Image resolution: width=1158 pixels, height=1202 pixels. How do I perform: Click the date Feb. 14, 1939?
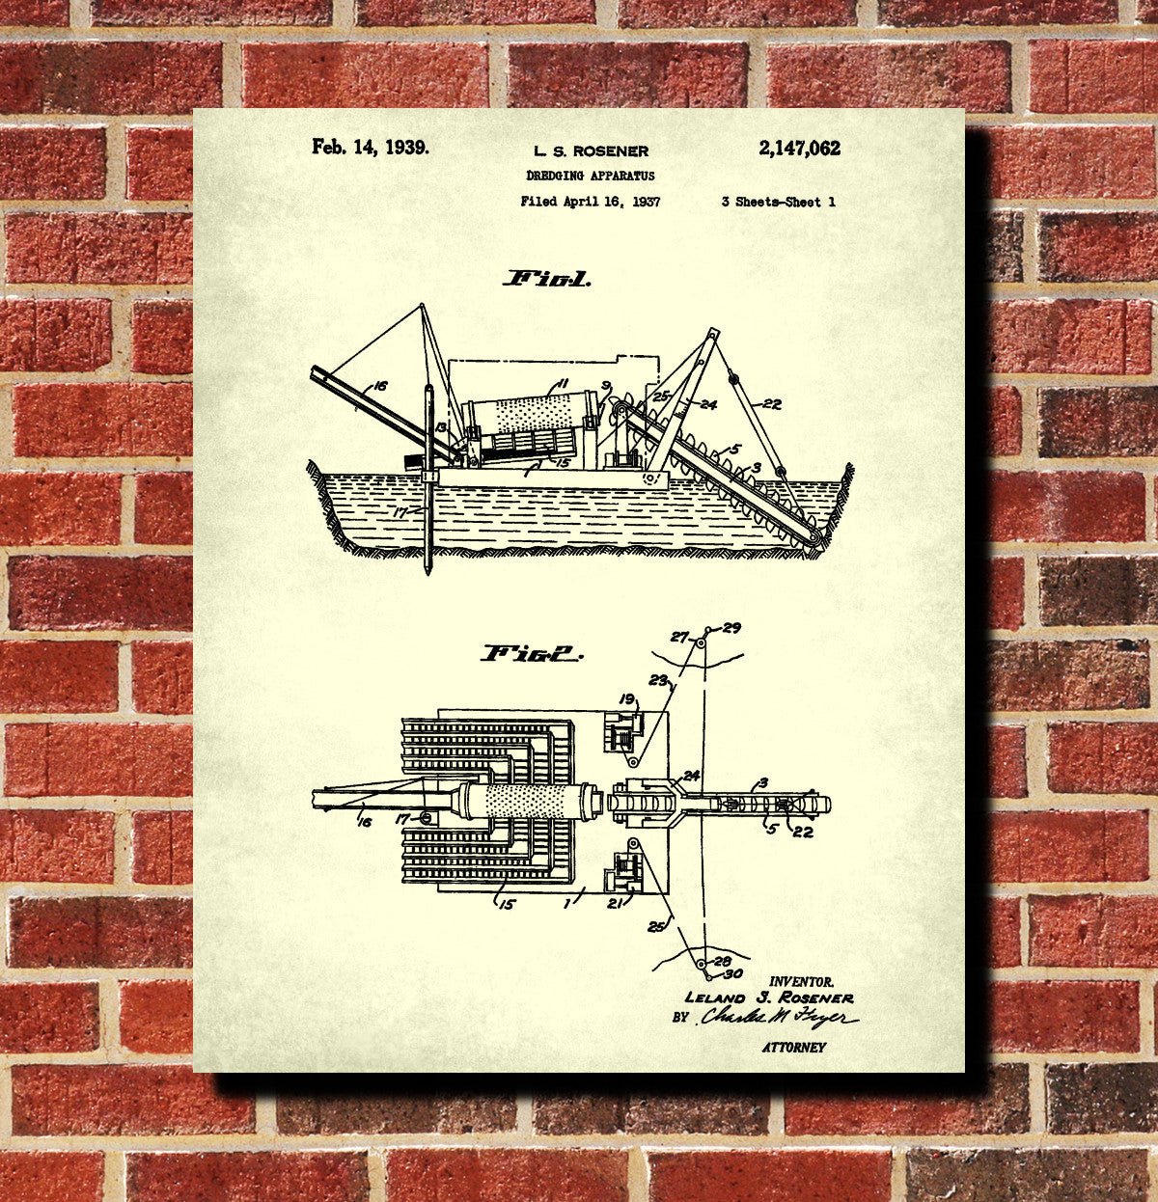tap(370, 148)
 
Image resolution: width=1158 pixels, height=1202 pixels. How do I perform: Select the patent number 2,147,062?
tap(799, 149)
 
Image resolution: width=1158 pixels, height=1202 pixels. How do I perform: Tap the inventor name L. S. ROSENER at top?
tap(591, 151)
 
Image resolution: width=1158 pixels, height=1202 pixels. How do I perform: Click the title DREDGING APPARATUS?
tap(591, 176)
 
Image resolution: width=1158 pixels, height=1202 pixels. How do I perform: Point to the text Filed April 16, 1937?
tap(590, 202)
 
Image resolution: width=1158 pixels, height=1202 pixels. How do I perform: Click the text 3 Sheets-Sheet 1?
tap(778, 202)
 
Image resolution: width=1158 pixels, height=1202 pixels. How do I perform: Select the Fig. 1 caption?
tap(547, 280)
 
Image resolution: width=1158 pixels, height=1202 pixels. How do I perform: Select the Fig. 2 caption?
tap(532, 654)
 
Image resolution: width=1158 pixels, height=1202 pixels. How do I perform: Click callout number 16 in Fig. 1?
tap(380, 386)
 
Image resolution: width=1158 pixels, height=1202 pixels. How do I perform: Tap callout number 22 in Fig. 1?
tap(772, 404)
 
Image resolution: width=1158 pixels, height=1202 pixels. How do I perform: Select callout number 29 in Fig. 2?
tap(731, 628)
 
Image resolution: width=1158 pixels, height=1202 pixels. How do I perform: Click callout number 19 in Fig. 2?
tap(627, 699)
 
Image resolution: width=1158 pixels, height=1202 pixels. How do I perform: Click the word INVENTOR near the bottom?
tap(801, 981)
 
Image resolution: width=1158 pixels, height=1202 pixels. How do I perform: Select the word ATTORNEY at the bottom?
tap(793, 1047)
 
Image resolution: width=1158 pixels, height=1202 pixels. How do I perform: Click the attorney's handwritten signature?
tap(777, 1018)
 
